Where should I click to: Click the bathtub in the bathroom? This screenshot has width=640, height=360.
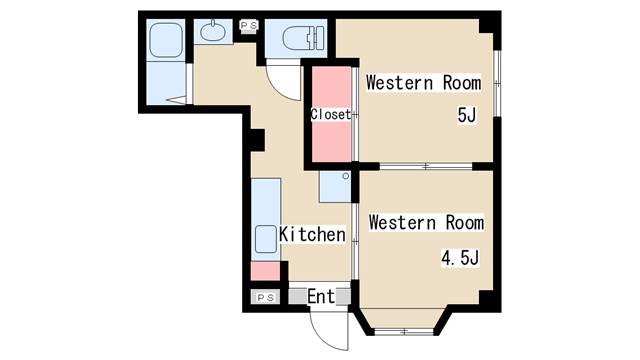tap(162, 44)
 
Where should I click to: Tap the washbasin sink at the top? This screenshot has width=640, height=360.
tap(213, 33)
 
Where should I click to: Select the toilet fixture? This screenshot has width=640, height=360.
tap(297, 39)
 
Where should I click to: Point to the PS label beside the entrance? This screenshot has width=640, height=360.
tap(266, 297)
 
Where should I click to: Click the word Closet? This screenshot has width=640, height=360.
tap(330, 114)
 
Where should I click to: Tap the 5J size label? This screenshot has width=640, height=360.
tap(466, 116)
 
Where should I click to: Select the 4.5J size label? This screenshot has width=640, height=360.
tap(461, 258)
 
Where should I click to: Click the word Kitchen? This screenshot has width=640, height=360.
tap(312, 235)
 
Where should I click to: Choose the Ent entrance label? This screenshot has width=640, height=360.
tap(321, 296)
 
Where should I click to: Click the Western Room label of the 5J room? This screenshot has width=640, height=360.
tap(423, 83)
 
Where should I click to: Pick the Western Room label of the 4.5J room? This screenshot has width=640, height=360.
tap(425, 223)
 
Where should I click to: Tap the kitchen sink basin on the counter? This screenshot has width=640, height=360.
tap(265, 240)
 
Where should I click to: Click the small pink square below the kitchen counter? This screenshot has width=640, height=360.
tap(264, 270)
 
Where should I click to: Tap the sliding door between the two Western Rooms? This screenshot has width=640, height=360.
tap(425, 165)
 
